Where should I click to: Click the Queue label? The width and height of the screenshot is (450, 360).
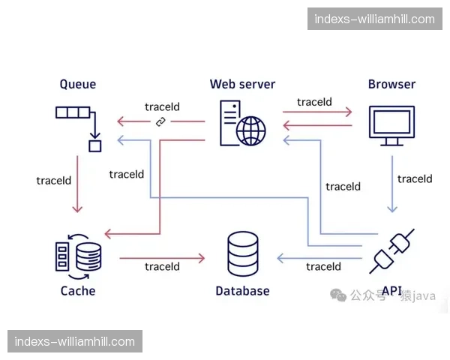pyautogui.click(x=78, y=84)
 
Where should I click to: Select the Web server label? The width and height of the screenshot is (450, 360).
pyautogui.click(x=242, y=84)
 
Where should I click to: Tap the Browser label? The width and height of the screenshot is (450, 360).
pyautogui.click(x=391, y=84)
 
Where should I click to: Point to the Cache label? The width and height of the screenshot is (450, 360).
pyautogui.click(x=78, y=290)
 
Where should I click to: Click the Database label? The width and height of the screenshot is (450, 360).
pyautogui.click(x=242, y=290)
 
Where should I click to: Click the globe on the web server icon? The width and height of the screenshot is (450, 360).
pyautogui.click(x=251, y=131)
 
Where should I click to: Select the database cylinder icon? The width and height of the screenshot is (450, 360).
pyautogui.click(x=242, y=253)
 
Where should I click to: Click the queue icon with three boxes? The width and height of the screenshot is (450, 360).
pyautogui.click(x=73, y=114)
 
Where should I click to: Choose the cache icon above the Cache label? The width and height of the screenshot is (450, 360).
pyautogui.click(x=78, y=254)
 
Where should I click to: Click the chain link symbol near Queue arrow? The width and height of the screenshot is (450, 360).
pyautogui.click(x=160, y=122)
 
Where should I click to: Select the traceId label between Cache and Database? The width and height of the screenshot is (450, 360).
pyautogui.click(x=162, y=266)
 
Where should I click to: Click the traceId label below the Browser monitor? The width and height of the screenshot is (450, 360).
pyautogui.click(x=415, y=178)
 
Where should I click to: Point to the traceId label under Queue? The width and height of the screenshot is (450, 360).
pyautogui.click(x=53, y=181)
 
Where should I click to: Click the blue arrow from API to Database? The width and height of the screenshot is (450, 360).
pyautogui.click(x=319, y=258)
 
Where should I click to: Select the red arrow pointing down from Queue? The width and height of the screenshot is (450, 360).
pyautogui.click(x=78, y=184)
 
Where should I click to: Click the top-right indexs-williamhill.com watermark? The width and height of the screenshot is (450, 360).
pyautogui.click(x=374, y=19)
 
